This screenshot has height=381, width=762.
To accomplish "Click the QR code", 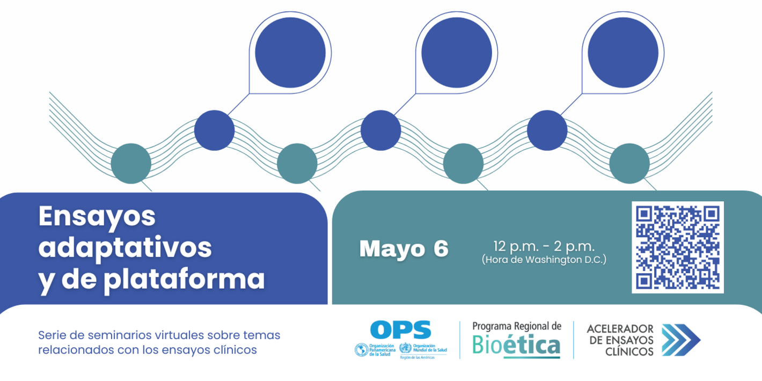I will coord(677,247).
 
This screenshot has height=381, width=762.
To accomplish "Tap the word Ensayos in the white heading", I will coord(97,216).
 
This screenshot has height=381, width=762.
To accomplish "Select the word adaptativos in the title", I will coord(125,247).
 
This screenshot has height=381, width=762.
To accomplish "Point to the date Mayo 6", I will coord(404,249).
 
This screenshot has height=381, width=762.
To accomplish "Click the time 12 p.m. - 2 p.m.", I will coord(544,247).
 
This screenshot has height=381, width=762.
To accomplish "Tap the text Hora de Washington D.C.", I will coord(544,260).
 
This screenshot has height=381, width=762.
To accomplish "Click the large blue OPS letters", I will coord(400,329).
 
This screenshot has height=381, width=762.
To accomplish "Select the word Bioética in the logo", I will coord(516,345).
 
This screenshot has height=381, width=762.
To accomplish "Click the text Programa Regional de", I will coord(516,326).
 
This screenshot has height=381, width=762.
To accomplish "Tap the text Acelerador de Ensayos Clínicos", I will coord(620,340).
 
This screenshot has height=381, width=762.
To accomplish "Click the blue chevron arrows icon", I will coord(680,340).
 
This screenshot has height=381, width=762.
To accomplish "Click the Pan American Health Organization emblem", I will coord(362,350).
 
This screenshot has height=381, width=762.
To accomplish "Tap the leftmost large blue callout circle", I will coord(290,53).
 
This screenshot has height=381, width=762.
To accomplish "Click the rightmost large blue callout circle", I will coord(622,53).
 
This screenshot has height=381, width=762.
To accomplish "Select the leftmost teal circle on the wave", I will coord(131,163).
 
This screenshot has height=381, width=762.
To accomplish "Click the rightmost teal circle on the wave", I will coord(629,163).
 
